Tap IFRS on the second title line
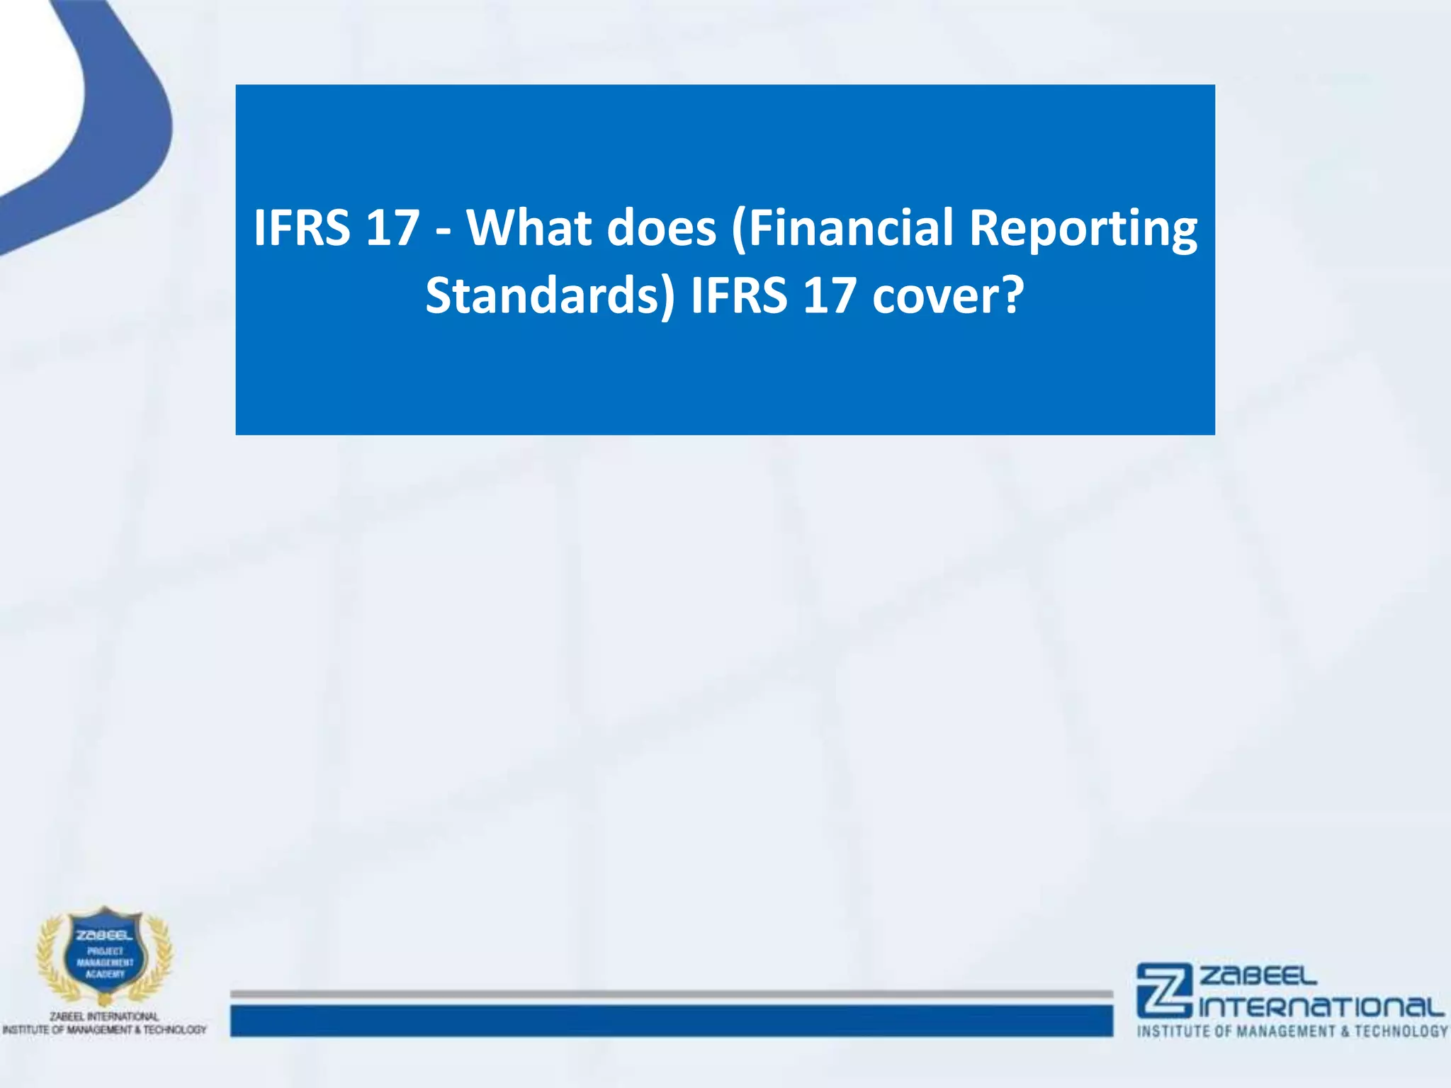pyautogui.click(x=739, y=296)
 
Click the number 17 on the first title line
pyautogui.click(x=393, y=228)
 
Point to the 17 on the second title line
pyautogui.click(x=830, y=296)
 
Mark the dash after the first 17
pyautogui.click(x=444, y=231)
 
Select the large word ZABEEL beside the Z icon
pyautogui.click(x=1258, y=977)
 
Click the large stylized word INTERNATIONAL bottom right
pyautogui.click(x=1322, y=1007)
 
